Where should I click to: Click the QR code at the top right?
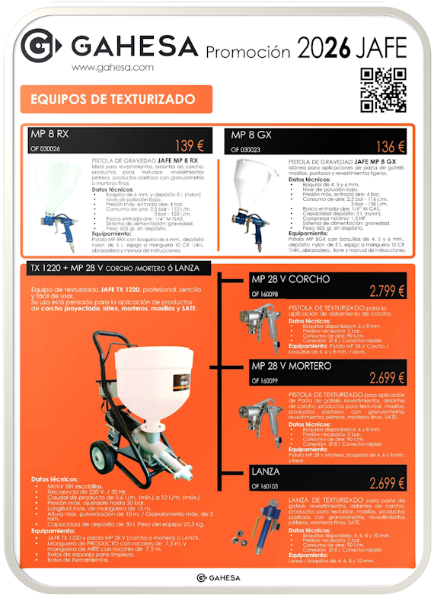(x=382, y=91)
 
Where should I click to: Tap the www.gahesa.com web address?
(x=113, y=67)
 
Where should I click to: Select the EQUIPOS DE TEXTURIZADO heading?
(x=112, y=100)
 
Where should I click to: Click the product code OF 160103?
(x=266, y=485)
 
